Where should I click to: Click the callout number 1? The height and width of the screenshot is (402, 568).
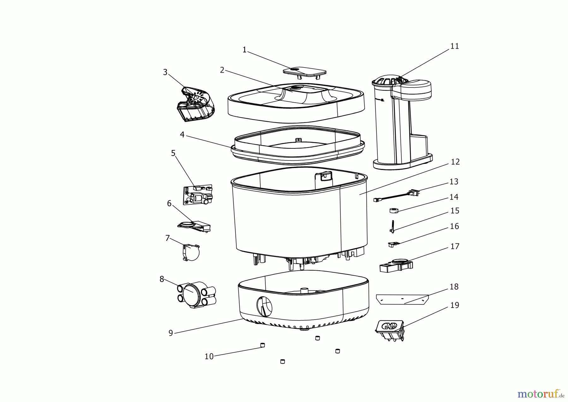[x=244, y=50]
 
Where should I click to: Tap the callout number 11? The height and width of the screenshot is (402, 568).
[x=454, y=46]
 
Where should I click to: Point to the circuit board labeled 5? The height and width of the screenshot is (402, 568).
[x=198, y=195]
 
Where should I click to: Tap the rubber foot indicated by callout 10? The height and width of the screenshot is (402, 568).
[x=262, y=345]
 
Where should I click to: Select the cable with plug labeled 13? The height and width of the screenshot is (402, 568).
[x=396, y=196]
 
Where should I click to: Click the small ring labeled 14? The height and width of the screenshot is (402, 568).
[x=394, y=211]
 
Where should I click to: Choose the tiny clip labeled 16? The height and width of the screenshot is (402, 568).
[x=392, y=244]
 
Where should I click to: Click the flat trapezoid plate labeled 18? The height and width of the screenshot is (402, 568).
[x=402, y=299]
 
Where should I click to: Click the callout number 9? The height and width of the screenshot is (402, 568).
[x=171, y=333]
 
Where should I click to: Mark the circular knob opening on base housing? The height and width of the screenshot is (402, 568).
[x=264, y=306]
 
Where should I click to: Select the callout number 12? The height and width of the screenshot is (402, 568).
[x=455, y=162]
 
